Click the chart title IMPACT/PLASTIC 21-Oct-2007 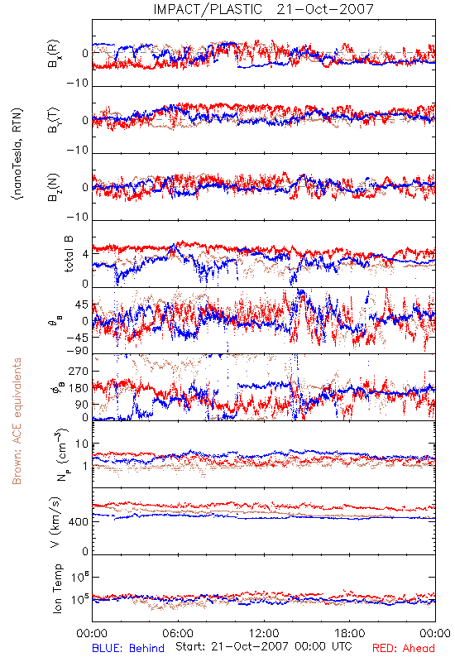[263, 9]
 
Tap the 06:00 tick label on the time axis [178, 633]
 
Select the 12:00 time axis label [264, 633]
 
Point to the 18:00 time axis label [350, 633]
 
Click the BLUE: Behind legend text [128, 648]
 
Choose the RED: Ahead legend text [403, 648]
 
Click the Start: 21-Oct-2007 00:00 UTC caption [263, 646]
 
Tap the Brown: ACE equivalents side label [17, 421]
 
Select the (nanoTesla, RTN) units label [17, 154]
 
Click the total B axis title [69, 254]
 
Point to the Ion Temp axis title [57, 588]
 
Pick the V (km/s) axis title [55, 522]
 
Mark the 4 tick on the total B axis [86, 254]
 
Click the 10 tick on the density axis [82, 444]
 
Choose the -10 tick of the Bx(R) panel [78, 84]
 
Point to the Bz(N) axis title [53, 187]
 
